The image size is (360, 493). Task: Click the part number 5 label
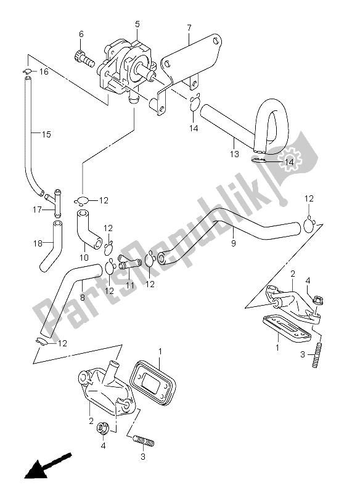[137, 24]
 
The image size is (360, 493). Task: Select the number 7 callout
[189, 27]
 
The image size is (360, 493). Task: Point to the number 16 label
[44, 73]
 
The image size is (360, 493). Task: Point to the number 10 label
[84, 256]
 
